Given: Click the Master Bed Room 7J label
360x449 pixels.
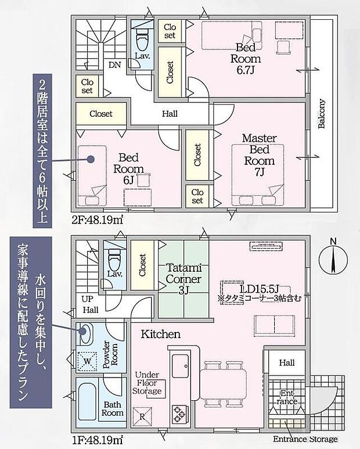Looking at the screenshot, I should (258, 155).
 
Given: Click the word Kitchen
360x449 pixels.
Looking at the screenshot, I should (160, 335).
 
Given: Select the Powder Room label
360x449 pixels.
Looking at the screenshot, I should (110, 354).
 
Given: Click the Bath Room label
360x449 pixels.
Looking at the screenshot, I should (113, 408).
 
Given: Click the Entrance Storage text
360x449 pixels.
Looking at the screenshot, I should (305, 439).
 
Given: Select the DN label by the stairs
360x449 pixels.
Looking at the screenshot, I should (115, 65).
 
